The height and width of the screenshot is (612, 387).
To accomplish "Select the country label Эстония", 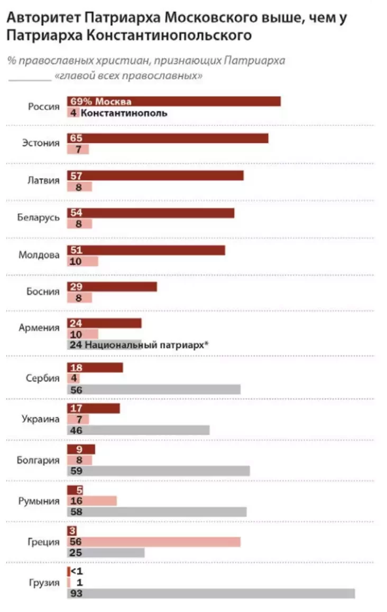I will click(41, 143).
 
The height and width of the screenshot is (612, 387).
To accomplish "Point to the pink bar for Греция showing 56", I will click(153, 541).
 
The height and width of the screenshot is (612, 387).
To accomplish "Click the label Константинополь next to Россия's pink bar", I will click(124, 112).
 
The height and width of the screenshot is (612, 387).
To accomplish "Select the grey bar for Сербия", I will click(153, 389).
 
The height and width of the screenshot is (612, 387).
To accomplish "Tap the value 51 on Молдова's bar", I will click(76, 250).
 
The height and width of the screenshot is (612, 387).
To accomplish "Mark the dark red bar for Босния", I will click(112, 286).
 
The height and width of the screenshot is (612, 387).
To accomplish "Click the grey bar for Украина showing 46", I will click(138, 430).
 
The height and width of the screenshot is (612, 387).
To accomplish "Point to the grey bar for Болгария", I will click(158, 470).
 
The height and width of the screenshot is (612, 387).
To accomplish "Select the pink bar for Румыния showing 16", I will click(91, 500).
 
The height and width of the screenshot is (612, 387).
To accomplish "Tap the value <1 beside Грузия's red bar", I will click(77, 572).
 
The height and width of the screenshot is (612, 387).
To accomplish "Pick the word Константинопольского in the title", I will click(185, 36).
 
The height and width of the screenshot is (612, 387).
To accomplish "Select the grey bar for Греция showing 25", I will click(105, 552).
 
